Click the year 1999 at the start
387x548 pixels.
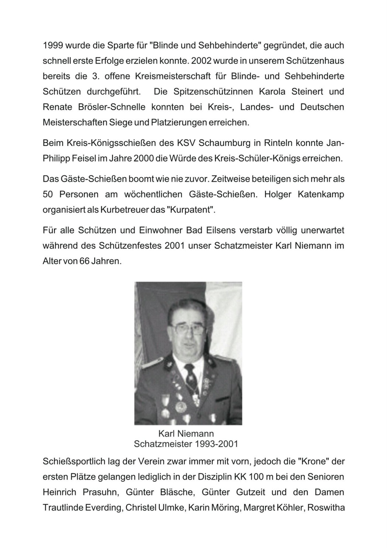53,46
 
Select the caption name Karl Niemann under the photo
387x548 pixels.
186,433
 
